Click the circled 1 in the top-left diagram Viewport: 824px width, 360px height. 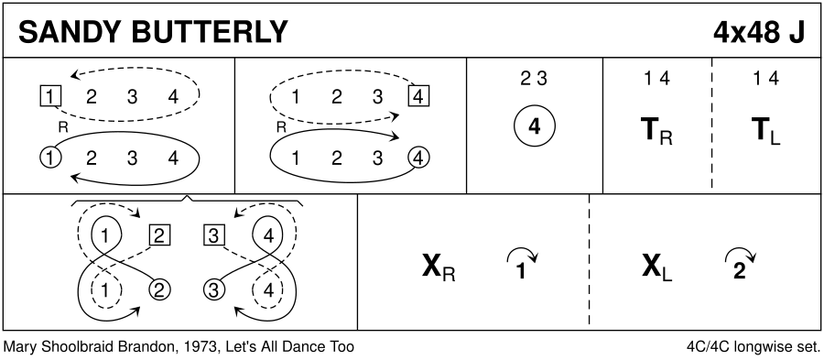50,158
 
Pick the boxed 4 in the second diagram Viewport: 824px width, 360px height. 418,96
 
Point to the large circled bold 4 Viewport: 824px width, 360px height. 535,126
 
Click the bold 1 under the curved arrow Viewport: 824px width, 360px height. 521,272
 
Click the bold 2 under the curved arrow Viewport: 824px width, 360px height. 740,272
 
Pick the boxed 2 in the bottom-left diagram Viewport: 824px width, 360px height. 159,235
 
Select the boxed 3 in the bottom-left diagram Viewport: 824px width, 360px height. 213,235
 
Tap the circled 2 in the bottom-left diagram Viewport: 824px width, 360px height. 159,289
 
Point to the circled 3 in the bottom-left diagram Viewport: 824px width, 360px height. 213,289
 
